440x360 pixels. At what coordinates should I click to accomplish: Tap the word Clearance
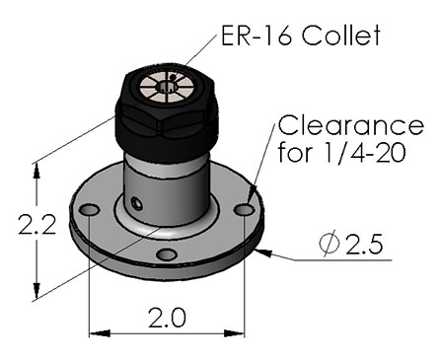click(351, 125)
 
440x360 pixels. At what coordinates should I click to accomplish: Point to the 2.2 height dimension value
click(37, 225)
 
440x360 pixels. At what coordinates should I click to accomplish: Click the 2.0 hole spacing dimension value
click(167, 318)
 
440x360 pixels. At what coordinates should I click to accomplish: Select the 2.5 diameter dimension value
click(364, 244)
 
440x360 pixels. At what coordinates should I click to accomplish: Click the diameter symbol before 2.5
click(329, 244)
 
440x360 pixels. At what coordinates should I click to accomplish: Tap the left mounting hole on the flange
click(89, 210)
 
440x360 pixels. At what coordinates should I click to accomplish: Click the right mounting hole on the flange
click(245, 209)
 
